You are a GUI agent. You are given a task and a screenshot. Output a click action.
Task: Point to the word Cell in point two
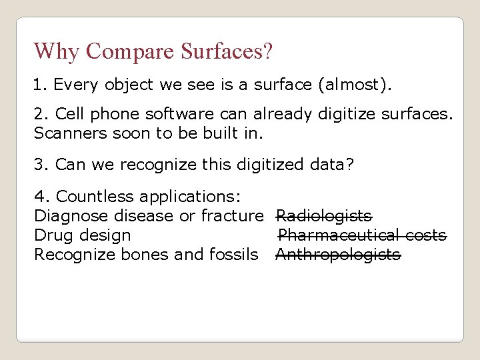point(69,114)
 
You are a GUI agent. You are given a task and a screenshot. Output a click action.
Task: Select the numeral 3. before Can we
point(41,164)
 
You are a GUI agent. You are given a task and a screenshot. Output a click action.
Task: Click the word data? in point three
point(331,164)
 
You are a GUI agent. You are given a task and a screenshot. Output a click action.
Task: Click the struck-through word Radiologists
point(324,216)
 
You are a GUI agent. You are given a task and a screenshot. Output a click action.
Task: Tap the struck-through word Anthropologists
point(338,255)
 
